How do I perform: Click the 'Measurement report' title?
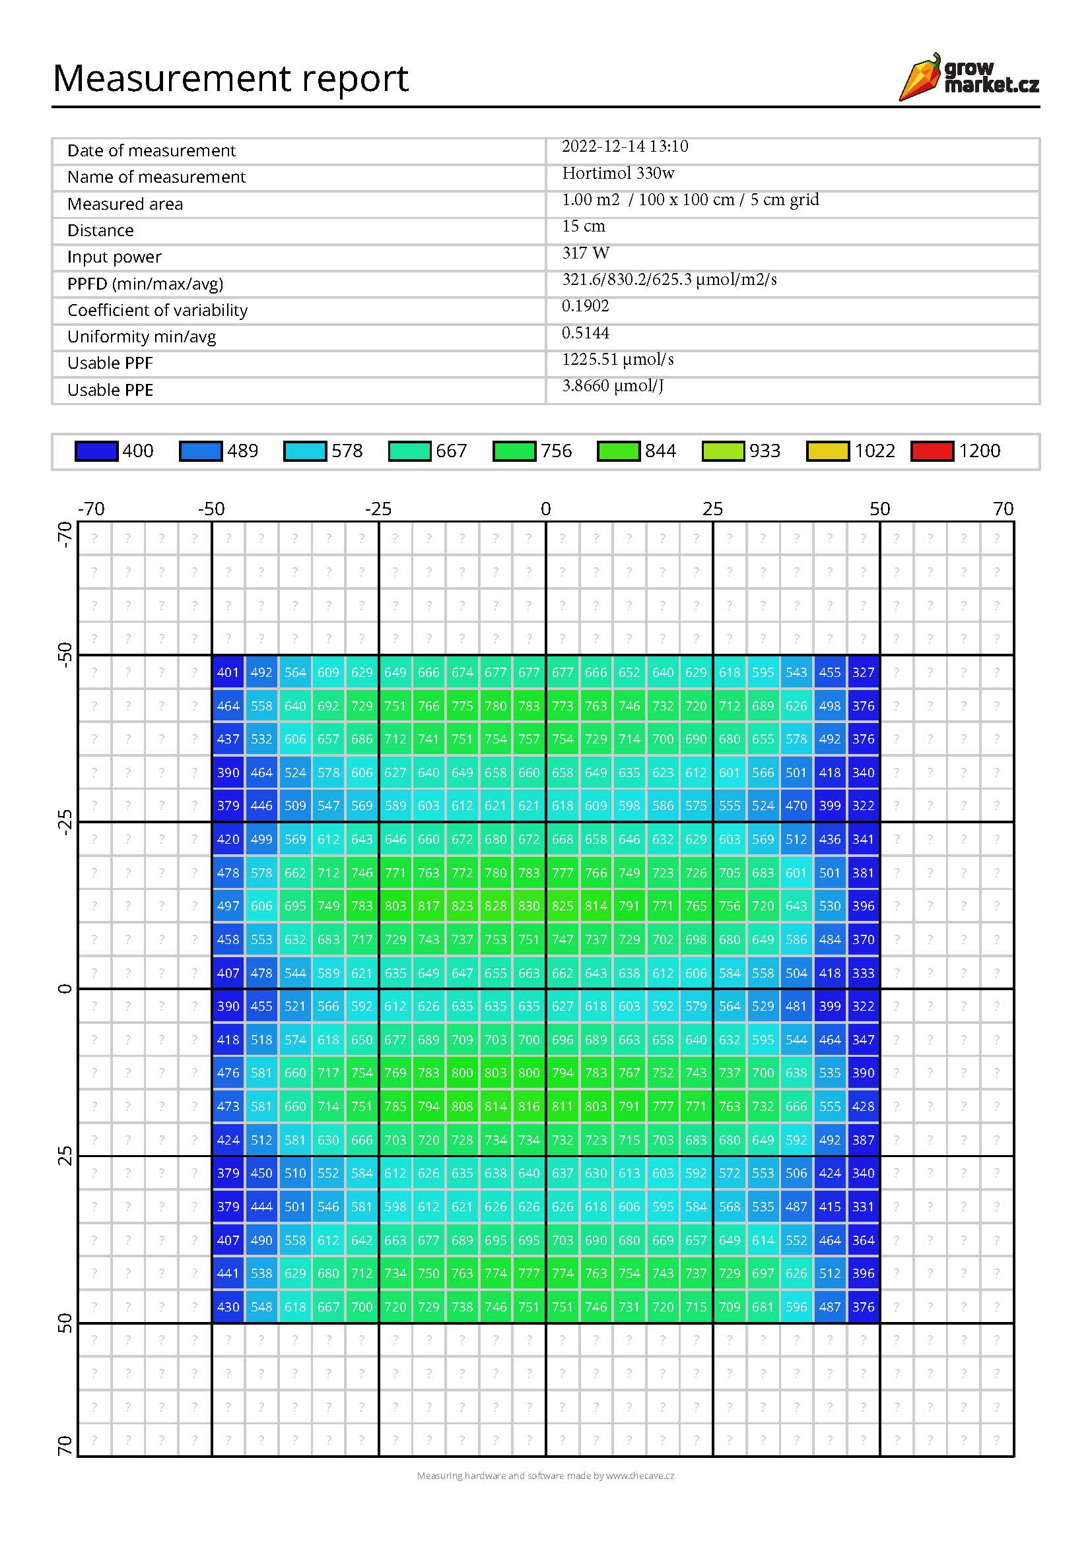(x=230, y=78)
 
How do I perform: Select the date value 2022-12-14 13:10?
(x=625, y=146)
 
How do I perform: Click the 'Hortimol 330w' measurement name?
(x=618, y=173)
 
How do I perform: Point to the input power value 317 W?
(x=586, y=253)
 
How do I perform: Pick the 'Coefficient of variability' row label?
(x=157, y=310)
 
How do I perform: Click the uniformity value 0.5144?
(x=585, y=332)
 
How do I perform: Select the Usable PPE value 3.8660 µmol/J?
(x=613, y=386)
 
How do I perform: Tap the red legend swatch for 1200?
(x=932, y=451)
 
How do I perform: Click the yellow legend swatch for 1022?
(x=827, y=451)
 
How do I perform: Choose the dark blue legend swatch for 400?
(x=96, y=451)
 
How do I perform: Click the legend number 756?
(x=556, y=451)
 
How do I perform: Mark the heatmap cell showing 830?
(x=529, y=906)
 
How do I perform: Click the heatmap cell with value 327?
(x=864, y=672)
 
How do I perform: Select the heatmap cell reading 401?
(x=228, y=672)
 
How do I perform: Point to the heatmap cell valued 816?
(x=529, y=1106)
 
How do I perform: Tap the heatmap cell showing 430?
(x=228, y=1307)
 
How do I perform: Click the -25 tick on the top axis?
(x=378, y=509)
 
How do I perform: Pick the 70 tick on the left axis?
(x=65, y=1445)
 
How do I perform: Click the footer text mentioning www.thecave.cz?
(x=545, y=1476)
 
